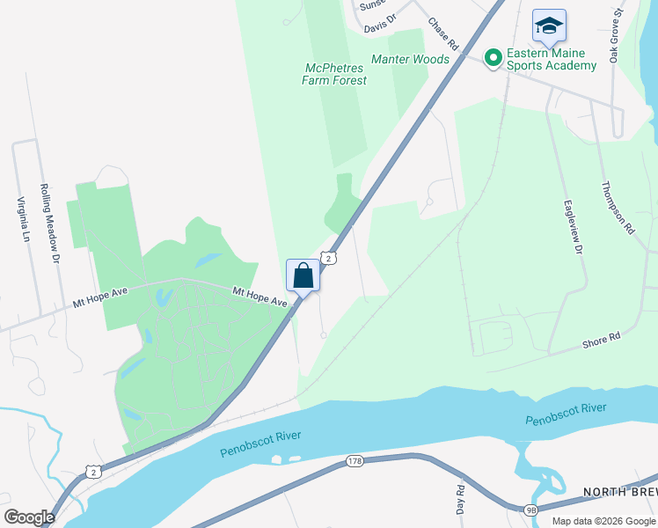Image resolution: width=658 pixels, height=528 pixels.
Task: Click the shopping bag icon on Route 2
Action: click(303, 275)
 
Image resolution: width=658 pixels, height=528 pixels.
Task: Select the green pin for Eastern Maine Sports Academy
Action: click(493, 59)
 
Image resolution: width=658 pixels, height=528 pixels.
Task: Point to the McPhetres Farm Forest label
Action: click(334, 74)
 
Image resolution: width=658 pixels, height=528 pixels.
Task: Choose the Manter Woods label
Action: click(410, 60)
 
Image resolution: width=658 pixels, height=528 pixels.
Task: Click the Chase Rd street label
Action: click(444, 33)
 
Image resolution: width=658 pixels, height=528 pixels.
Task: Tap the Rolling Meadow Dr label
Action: click(48, 224)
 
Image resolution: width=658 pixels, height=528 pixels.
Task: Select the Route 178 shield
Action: click(355, 461)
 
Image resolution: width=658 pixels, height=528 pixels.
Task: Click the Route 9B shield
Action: click(530, 510)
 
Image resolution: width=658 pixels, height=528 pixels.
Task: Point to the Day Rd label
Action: click(460, 499)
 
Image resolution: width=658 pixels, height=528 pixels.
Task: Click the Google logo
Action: click(29, 517)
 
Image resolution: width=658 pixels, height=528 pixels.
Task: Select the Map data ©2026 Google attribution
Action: click(603, 521)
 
